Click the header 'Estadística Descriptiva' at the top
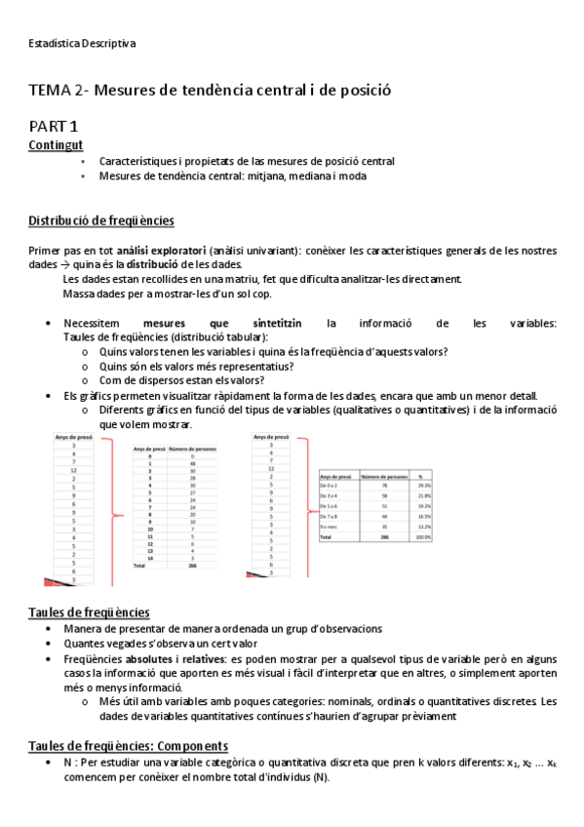83,43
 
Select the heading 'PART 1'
54,125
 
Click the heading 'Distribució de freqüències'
101,220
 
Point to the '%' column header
420,475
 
